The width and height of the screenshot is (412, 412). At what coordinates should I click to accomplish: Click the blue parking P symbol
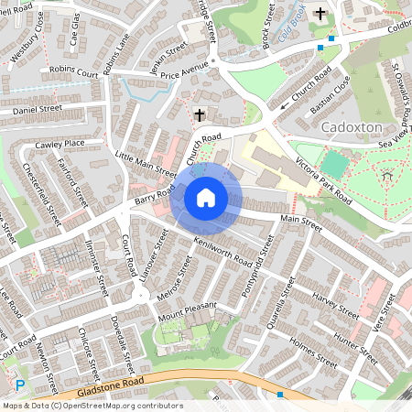(x=20, y=386)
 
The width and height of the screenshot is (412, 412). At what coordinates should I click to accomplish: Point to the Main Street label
(x=302, y=220)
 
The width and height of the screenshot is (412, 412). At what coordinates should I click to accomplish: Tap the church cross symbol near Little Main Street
(x=200, y=115)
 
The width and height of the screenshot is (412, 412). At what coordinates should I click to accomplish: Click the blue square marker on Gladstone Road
(x=280, y=394)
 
